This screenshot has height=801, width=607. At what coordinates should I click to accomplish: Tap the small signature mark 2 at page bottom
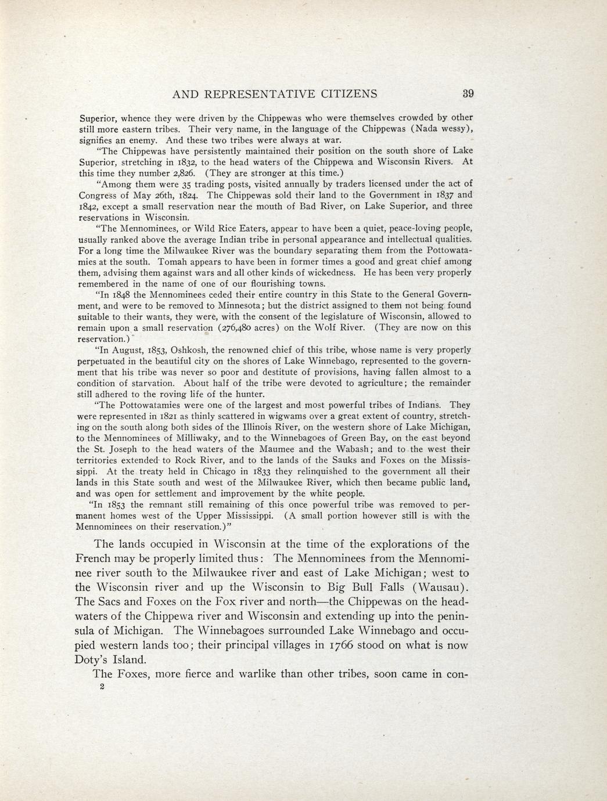pos(102,687)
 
